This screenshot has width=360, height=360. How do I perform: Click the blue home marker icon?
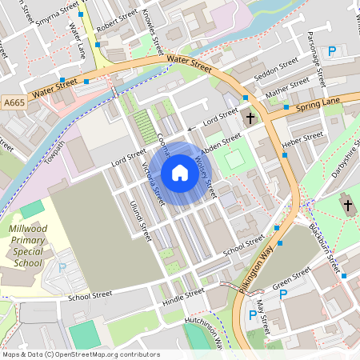click(179, 173)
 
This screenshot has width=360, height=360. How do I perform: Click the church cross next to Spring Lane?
click(250, 118)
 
